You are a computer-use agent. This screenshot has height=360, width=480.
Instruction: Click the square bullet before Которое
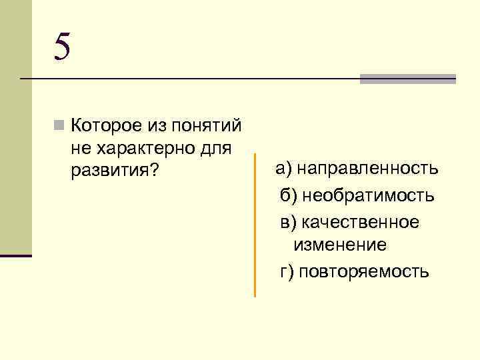pyautogui.click(x=60, y=125)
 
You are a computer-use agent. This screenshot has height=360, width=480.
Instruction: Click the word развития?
pyautogui.click(x=114, y=171)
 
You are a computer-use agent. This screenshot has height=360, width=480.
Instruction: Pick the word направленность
pyautogui.click(x=368, y=168)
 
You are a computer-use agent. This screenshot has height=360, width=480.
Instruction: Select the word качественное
pyautogui.click(x=361, y=221)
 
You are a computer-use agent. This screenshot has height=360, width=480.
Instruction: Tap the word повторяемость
pyautogui.click(x=364, y=272)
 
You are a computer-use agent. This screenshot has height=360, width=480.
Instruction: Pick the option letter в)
pyautogui.click(x=288, y=221)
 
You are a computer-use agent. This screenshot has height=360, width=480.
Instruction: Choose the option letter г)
pyautogui.click(x=287, y=272)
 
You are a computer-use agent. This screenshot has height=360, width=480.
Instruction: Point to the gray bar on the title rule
pyautogui.click(x=407, y=79)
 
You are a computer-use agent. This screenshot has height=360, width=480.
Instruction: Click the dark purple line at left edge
pyautogui.click(x=16, y=255)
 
